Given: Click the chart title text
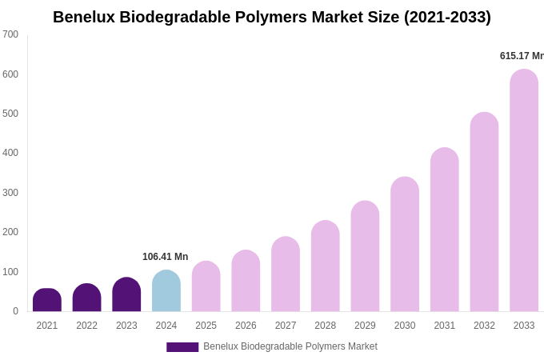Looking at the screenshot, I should pyautogui.click(x=272, y=17).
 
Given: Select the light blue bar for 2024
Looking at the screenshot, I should pyautogui.click(x=166, y=292).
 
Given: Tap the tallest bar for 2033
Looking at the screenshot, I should pyautogui.click(x=524, y=192).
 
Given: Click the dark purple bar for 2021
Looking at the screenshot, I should pyautogui.click(x=47, y=301).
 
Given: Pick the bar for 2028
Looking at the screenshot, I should pyautogui.click(x=326, y=267).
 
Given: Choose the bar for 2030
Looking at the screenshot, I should pyautogui.click(x=405, y=245).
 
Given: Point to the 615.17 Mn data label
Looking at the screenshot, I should pyautogui.click(x=521, y=56).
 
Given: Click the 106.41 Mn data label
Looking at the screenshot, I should pyautogui.click(x=165, y=257).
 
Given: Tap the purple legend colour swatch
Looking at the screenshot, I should pyautogui.click(x=182, y=347).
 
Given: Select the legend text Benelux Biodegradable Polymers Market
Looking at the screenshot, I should pyautogui.click(x=290, y=346).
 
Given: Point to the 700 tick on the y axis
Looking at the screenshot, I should pyautogui.click(x=10, y=34).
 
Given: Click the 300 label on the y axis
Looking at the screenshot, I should pyautogui.click(x=10, y=193).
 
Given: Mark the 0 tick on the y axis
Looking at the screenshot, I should pyautogui.click(x=15, y=311).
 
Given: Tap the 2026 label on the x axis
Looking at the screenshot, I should pyautogui.click(x=246, y=326).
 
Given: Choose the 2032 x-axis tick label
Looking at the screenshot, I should pyautogui.click(x=484, y=326).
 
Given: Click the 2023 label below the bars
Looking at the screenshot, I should pyautogui.click(x=126, y=326).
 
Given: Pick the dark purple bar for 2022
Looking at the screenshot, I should pyautogui.click(x=87, y=298).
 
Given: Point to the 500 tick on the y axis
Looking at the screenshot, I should pyautogui.click(x=10, y=114).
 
